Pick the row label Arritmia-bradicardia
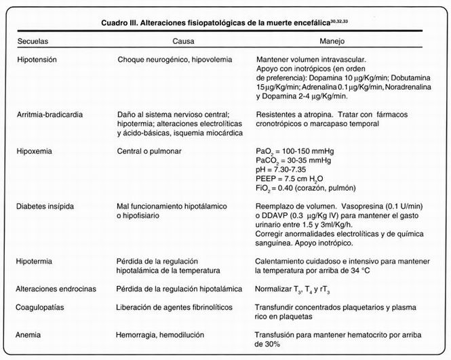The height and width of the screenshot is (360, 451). tap(52, 114)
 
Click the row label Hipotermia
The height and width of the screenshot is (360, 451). tap(35, 260)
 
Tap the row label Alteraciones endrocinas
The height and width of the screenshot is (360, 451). tap(57, 289)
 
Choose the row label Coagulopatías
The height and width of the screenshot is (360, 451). tap(42, 307)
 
